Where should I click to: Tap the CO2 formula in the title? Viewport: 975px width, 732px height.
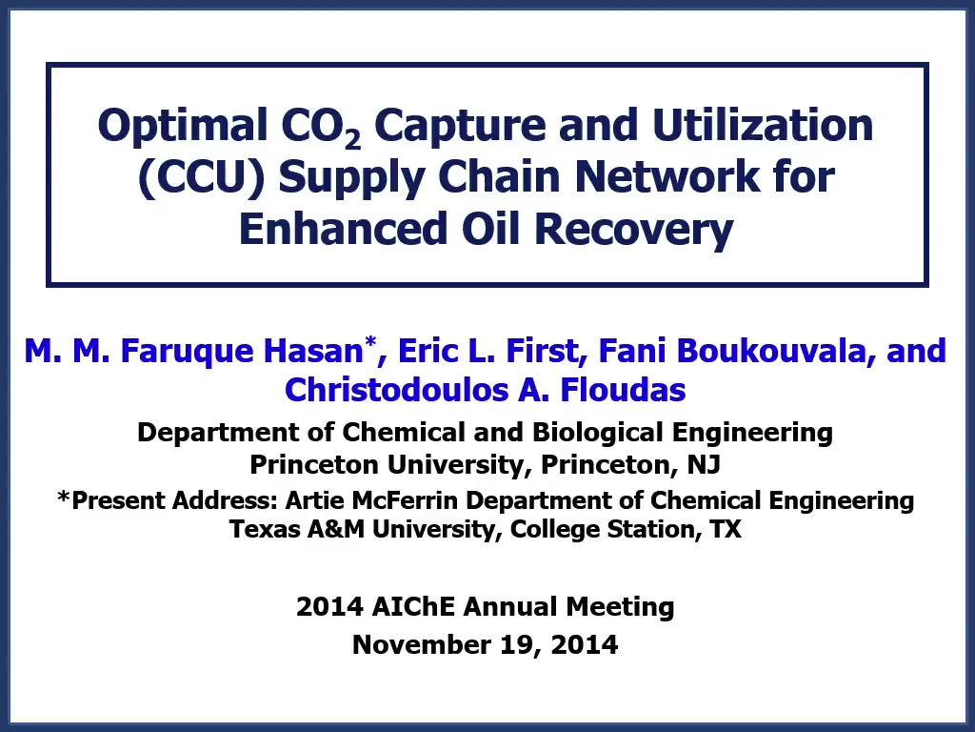point(321,128)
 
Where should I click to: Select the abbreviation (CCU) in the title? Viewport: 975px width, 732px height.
point(202,178)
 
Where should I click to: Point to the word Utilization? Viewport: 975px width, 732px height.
point(763,125)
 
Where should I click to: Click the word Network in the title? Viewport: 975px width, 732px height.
point(666,176)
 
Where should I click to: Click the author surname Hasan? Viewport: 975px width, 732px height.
point(312,351)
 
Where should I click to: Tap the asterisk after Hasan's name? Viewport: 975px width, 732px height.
point(370,341)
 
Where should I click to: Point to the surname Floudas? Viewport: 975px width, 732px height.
point(623,390)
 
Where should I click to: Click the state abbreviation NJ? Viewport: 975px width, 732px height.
point(704,464)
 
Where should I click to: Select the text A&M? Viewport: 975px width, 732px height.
point(336,529)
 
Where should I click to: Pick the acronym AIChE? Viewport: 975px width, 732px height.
point(413,607)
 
